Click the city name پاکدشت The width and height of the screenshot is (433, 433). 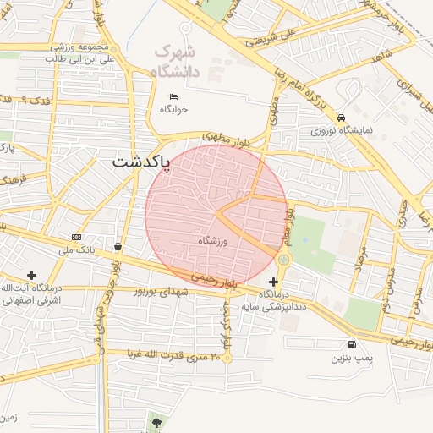click(x=141, y=160)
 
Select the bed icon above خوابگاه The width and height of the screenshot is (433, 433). click(x=174, y=96)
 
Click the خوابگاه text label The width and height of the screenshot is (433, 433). click(x=174, y=109)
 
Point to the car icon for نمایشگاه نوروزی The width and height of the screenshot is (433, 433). click(x=341, y=118)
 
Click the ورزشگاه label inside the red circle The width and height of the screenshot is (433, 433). click(x=213, y=242)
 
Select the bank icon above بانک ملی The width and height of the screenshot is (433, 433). click(x=77, y=237)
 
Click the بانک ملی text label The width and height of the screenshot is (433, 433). click(x=77, y=250)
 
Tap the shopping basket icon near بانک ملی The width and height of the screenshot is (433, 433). click(x=117, y=247)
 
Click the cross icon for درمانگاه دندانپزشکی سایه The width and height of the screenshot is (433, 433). click(x=273, y=281)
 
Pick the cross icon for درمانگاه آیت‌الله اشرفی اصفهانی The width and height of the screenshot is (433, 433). click(x=31, y=275)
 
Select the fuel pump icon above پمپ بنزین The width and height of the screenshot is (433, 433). click(x=351, y=344)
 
